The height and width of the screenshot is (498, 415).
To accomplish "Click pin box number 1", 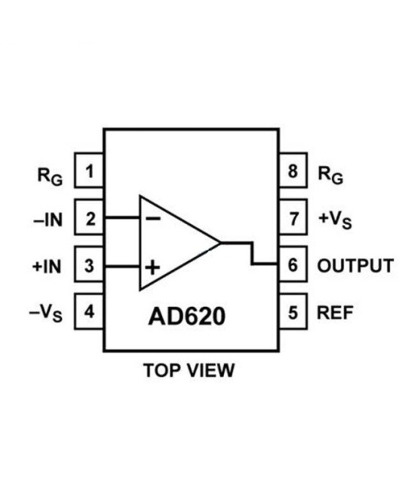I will [90, 172].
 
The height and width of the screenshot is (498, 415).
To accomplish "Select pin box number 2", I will [90, 219].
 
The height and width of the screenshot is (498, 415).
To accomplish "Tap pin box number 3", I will [90, 266].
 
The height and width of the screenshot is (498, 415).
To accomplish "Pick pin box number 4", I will [90, 312].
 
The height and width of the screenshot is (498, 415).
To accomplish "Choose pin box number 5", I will [293, 312].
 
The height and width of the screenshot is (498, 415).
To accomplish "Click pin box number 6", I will [293, 266].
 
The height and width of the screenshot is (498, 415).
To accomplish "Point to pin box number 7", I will [293, 219].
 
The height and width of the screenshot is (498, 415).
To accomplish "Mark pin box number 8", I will [293, 172].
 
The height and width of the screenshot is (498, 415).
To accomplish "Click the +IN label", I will [48, 266].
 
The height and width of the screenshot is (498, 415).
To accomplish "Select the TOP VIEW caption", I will [189, 370].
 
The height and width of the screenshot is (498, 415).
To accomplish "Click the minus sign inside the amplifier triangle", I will [153, 219].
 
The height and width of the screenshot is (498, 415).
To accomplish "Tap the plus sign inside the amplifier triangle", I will [153, 266].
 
